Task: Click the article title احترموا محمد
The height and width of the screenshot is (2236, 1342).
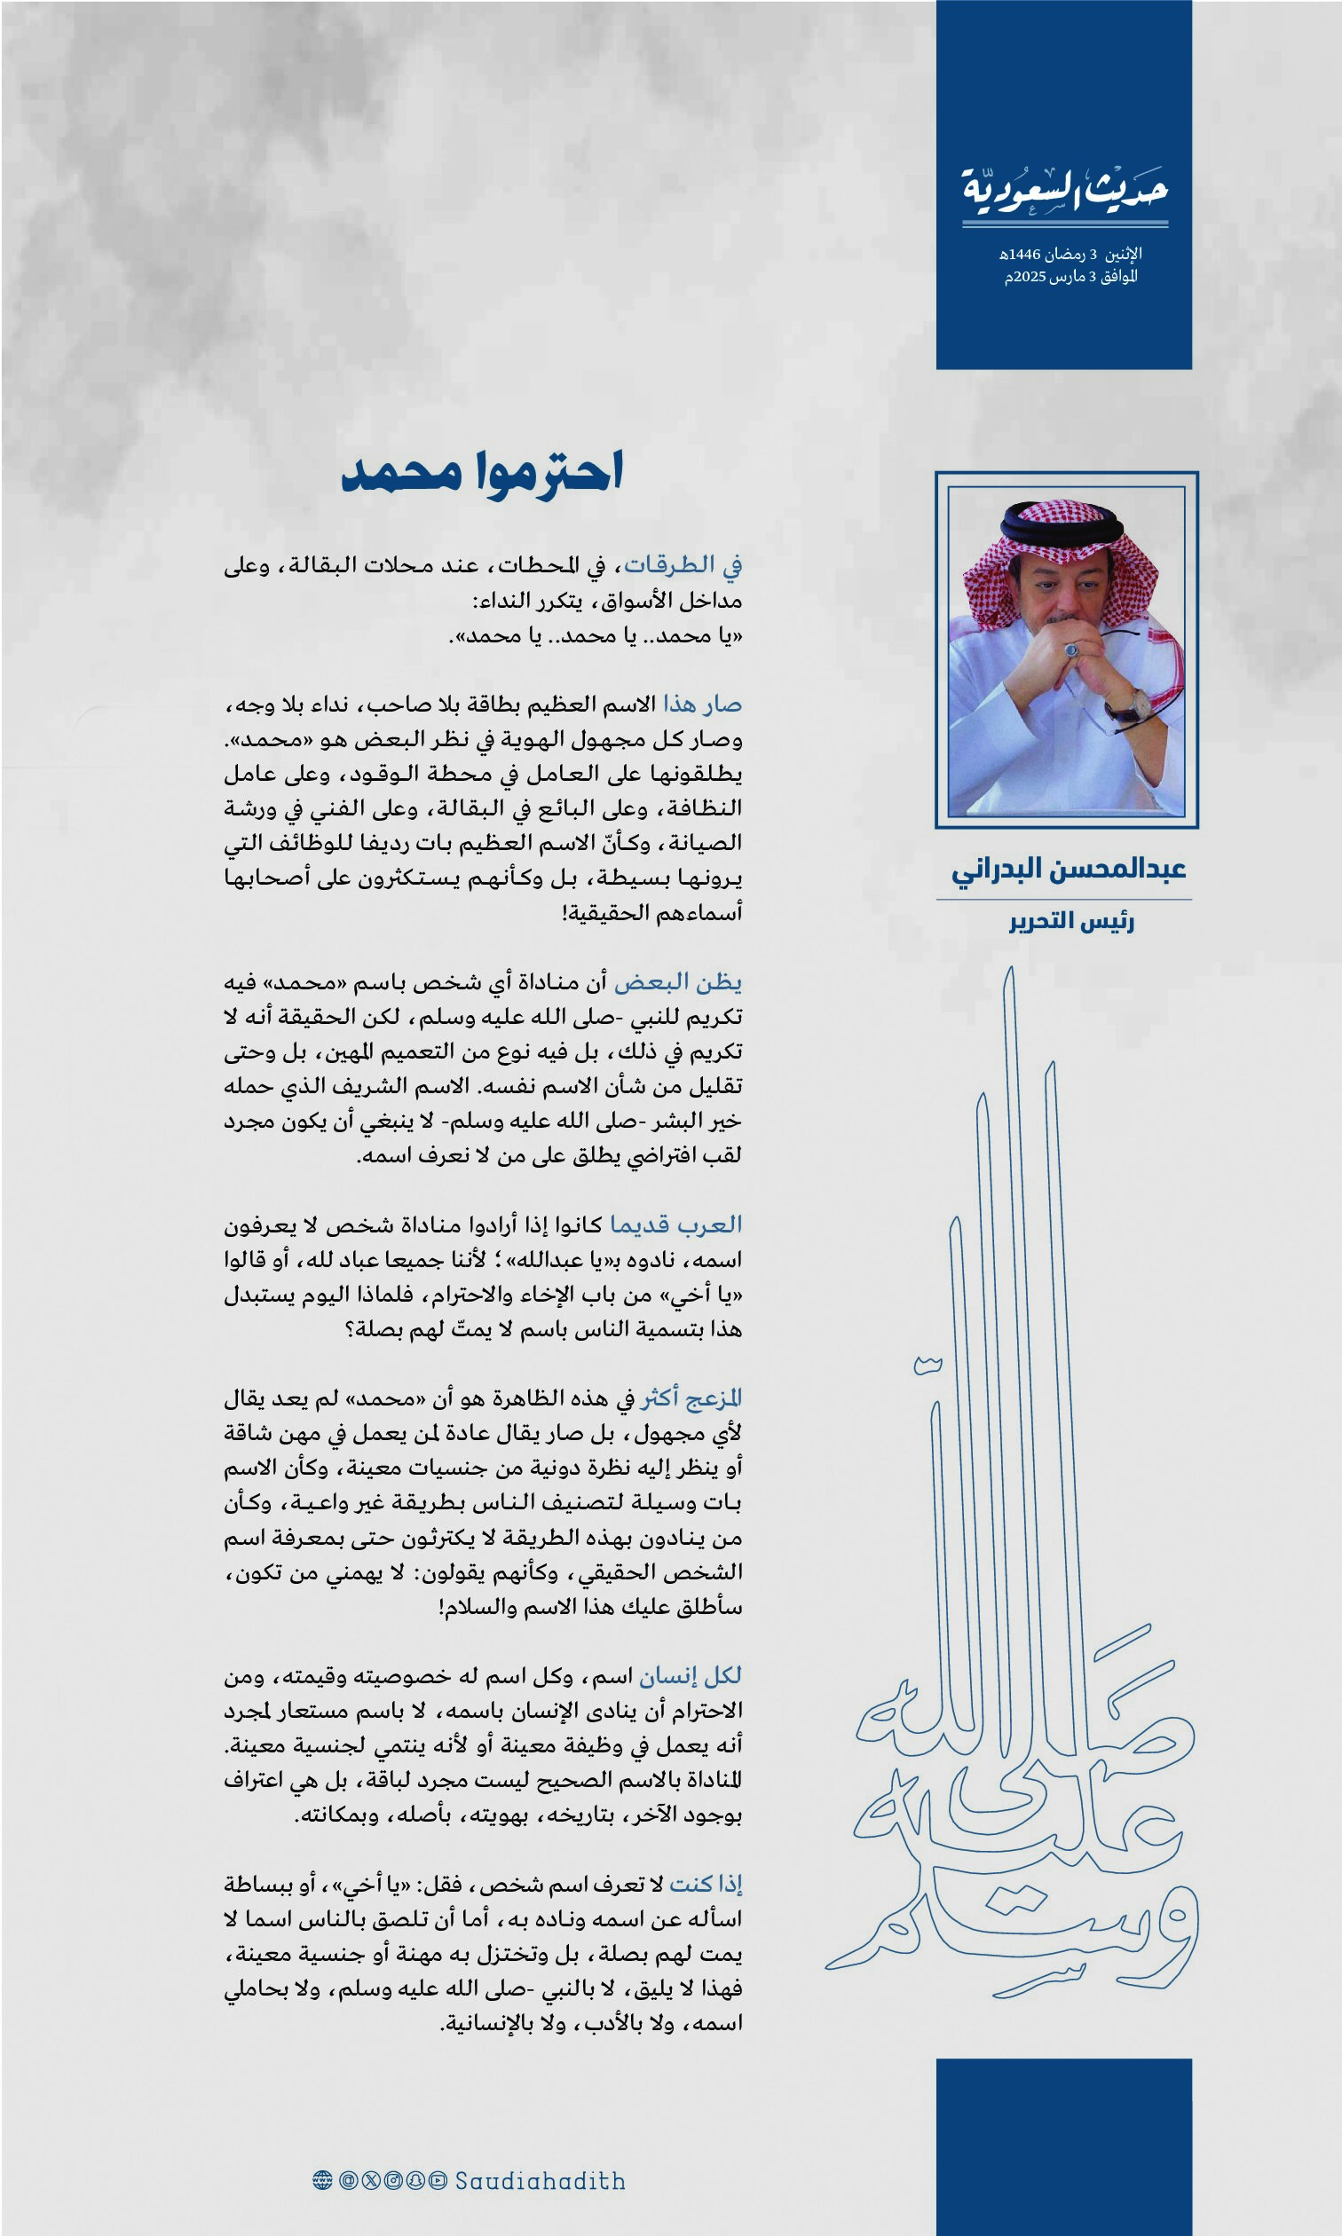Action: tap(482, 472)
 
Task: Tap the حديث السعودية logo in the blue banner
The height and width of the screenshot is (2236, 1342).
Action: tap(1064, 190)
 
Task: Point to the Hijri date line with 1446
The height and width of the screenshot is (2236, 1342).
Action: tap(1070, 254)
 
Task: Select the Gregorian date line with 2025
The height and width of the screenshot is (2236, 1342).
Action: tap(1070, 277)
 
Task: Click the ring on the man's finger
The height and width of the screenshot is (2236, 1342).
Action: tap(1071, 649)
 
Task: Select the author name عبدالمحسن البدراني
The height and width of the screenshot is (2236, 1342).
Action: tap(1068, 870)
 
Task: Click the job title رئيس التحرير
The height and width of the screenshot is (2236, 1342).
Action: tap(1071, 922)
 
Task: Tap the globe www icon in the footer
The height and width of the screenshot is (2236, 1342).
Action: tap(322, 2180)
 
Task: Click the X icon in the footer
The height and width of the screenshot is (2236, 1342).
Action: tap(371, 2180)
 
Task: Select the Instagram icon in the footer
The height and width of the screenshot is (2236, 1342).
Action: tap(393, 2180)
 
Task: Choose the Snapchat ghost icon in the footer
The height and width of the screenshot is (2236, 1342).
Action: tap(416, 2180)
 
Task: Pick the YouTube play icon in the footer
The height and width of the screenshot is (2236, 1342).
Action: tap(438, 2180)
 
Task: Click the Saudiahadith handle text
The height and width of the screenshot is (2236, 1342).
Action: tap(540, 2181)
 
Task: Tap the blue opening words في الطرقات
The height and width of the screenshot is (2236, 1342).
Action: tap(683, 565)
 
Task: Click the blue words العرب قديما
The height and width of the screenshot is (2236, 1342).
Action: tap(675, 1224)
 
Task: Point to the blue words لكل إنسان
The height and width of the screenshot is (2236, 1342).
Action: tap(690, 1675)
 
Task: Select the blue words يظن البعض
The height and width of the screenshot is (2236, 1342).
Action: tap(677, 981)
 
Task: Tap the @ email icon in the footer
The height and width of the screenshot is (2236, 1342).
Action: tap(348, 2180)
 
